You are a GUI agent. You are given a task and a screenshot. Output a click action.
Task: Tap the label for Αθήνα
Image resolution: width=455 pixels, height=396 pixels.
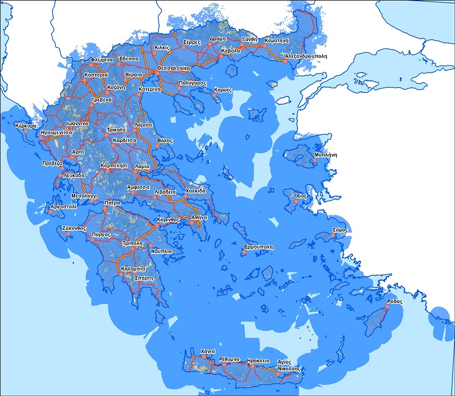[x=199, y=217]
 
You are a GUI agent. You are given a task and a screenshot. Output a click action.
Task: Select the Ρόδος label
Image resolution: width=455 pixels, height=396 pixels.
[x=394, y=301]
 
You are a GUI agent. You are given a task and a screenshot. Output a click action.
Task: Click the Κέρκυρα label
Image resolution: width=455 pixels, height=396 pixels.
[x=27, y=125]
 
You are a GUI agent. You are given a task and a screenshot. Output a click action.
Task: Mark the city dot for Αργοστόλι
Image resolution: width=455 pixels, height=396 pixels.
[x=50, y=212]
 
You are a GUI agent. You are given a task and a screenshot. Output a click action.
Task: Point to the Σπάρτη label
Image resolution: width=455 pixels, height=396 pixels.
[x=144, y=278]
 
